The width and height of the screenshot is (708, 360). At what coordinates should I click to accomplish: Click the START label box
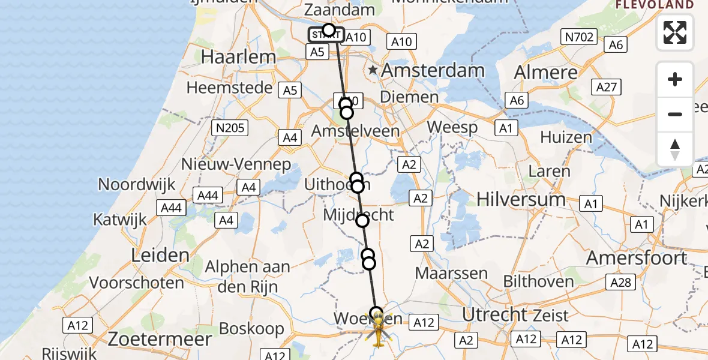coord(326,35)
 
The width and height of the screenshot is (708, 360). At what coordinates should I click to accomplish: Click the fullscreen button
coord(675,32)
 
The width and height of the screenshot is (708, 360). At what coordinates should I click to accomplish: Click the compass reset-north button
coord(675,149)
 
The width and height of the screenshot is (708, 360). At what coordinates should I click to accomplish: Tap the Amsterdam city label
coord(433,70)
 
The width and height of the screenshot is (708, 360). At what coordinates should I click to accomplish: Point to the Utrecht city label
coord(495,314)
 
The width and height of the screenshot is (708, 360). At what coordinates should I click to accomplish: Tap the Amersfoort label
coord(637,258)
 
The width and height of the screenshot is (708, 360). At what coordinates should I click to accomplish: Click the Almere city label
coord(546,73)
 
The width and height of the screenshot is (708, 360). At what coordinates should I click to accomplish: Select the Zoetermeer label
coord(160,339)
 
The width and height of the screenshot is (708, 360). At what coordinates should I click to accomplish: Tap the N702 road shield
coord(579,37)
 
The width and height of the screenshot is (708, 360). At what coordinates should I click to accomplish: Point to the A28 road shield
coord(621,282)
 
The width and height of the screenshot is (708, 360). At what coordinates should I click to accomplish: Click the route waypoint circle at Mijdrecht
coord(362,221)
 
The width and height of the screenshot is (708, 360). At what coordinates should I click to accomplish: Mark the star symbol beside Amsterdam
coord(373,70)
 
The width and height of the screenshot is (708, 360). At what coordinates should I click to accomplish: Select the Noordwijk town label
coord(137,184)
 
